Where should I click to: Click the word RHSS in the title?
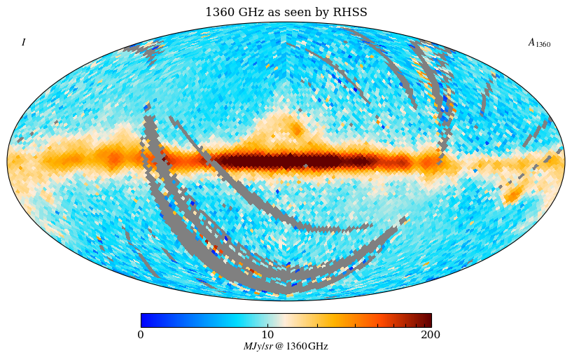(x=352, y=13)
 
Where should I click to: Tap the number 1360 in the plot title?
(x=219, y=13)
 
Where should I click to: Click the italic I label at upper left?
(x=23, y=43)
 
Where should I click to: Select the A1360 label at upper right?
(x=538, y=43)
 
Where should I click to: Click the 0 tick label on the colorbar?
(x=141, y=335)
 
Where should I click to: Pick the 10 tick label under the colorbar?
(x=267, y=335)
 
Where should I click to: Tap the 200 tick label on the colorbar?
(x=431, y=335)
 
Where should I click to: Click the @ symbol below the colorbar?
(x=279, y=347)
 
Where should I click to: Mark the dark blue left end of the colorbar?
(x=144, y=320)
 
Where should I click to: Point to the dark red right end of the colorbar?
(x=428, y=320)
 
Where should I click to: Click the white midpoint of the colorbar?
(x=286, y=320)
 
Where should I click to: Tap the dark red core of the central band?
(x=294, y=162)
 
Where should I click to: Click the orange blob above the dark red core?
(x=296, y=130)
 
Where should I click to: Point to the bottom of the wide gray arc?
(x=280, y=286)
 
